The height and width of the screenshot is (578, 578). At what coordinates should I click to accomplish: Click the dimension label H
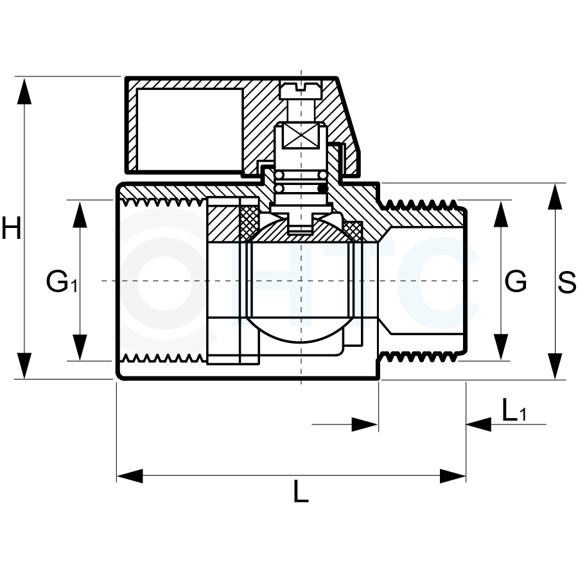(12, 227)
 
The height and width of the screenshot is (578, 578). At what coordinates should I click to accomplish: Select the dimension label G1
(62, 281)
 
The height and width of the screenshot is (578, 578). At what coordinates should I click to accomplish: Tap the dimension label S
(566, 283)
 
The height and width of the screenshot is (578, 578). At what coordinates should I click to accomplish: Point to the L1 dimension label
(514, 410)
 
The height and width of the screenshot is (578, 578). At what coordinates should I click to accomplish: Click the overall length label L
(301, 491)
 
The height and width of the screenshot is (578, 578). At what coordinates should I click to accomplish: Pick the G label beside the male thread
(516, 281)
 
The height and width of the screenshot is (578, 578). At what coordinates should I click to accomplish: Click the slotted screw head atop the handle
(301, 89)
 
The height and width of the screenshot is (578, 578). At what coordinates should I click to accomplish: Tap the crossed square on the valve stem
(301, 136)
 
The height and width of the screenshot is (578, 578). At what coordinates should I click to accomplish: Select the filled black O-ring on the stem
(322, 189)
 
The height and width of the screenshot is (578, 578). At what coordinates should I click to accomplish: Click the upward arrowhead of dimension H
(24, 91)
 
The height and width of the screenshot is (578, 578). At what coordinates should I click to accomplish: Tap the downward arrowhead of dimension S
(555, 366)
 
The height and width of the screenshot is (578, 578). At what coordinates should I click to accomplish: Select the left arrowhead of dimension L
(130, 476)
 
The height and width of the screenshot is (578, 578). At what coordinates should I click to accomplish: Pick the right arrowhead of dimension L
(453, 476)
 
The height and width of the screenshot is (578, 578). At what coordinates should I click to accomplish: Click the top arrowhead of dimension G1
(80, 214)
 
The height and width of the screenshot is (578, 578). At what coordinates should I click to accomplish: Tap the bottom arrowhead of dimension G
(501, 347)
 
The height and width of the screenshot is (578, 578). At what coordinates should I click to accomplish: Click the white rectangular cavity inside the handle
(189, 130)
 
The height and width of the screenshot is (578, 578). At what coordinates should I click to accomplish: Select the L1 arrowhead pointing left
(479, 425)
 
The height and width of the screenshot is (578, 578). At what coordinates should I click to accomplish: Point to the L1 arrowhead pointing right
(365, 425)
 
